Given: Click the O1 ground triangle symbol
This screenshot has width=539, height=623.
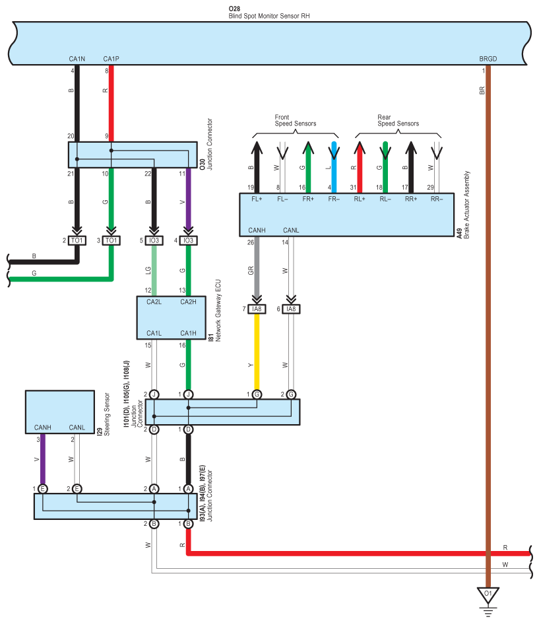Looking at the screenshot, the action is pos(488,595).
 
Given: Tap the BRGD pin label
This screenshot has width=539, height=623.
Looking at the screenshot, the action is pos(488,59).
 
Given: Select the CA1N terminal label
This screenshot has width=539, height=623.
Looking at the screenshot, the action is pos(77,59).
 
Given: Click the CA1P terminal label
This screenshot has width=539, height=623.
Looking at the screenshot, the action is pos(111,59).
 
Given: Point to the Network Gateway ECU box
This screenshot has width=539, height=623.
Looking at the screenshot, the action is pos(171,318).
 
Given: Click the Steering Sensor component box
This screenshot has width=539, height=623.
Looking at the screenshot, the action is pos(60,412).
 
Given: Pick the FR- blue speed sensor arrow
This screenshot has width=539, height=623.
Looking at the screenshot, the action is pos(334,167).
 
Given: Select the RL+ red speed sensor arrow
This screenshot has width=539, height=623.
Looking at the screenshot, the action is pos(360,167).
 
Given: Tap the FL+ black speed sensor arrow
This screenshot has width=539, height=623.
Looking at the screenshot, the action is pos(257,167).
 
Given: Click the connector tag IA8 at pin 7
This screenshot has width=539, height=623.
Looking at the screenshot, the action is pos(257,309).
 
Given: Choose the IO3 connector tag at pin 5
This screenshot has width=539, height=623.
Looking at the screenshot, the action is pos(154,240).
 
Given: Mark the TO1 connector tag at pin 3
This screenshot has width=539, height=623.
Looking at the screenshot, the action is pos(111,240).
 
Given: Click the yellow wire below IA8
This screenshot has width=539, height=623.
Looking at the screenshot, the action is pos(257,352).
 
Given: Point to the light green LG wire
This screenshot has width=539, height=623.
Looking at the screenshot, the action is pos(154,271).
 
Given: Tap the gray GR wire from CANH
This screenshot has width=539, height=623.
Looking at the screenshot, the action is pos(257,266).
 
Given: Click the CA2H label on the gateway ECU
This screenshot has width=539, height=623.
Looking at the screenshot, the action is pos(188,302).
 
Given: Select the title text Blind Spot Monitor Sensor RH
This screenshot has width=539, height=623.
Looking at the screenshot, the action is pos(269,16).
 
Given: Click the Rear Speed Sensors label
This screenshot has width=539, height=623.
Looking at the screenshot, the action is pos(398,120).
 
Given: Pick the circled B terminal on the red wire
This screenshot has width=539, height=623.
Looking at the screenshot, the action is pos(188,524).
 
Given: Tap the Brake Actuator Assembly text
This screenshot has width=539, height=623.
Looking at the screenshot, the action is pos(467,205).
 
